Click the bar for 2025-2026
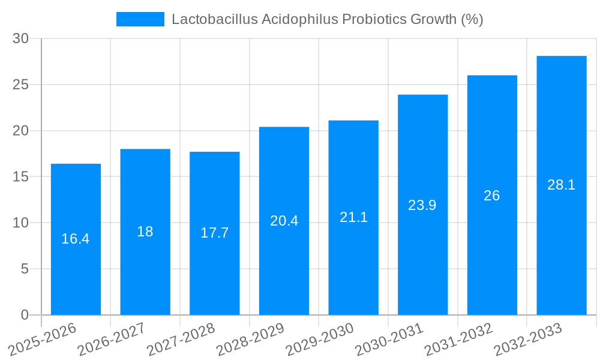tap(76, 270)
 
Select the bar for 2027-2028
tap(214, 270)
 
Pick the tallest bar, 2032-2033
tap(561, 240)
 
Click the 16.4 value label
tap(76, 239)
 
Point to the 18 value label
tap(145, 232)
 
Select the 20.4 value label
tap(284, 221)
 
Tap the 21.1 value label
tap(353, 217)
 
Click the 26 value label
tap(492, 196)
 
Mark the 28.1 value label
tap(561, 185)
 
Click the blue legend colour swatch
tap(140, 19)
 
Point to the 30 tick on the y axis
tap(21, 38)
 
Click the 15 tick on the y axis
tap(21, 177)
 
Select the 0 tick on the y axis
tap(25, 315)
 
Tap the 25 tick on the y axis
tap(21, 85)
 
